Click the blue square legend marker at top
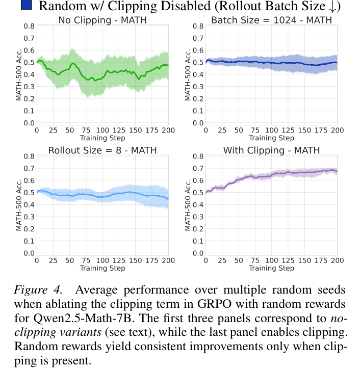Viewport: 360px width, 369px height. (27, 6)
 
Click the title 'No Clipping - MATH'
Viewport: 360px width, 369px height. (102, 20)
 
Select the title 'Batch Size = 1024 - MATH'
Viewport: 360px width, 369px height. (271, 20)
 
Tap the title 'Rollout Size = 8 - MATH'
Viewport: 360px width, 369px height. (102, 150)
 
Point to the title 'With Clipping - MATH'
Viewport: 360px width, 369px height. (271, 150)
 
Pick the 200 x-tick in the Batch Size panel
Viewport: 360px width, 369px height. (337, 130)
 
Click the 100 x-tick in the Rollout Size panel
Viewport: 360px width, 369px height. (102, 260)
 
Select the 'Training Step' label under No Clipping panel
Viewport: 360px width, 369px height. (102, 138)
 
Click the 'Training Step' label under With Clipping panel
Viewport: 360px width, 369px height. (271, 268)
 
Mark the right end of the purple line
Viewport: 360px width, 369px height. (337, 171)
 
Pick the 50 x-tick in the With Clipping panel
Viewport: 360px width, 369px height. (238, 260)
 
